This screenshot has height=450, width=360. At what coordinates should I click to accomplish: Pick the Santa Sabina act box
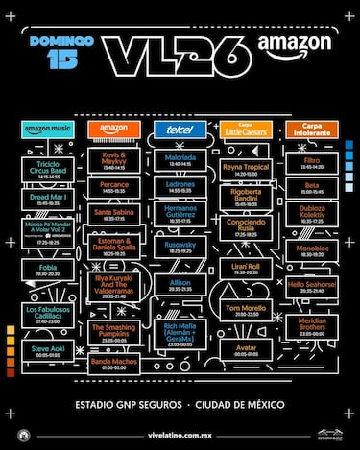pyautogui.click(x=113, y=212)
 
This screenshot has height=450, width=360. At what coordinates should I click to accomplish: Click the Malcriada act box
pyautogui.click(x=180, y=158)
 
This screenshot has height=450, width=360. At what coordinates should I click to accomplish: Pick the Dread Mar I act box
pyautogui.click(x=46, y=199)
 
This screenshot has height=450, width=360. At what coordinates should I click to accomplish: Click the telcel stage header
pyautogui.click(x=180, y=129)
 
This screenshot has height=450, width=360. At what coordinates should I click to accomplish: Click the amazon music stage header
pyautogui.click(x=46, y=129)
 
